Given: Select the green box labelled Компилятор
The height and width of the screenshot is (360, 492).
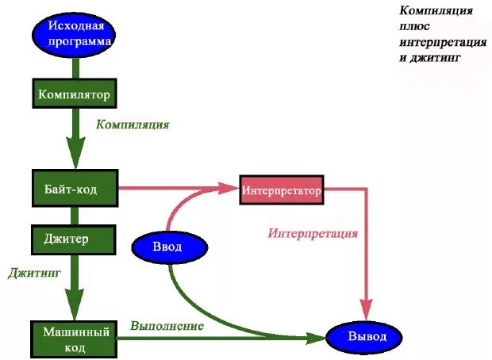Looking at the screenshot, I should pos(74,94).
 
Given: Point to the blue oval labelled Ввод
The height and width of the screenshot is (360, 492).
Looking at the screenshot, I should pos(167,247).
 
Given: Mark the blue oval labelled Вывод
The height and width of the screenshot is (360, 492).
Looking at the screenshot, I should pos(367,337).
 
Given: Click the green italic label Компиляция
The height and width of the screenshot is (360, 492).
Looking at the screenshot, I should pos(133,124).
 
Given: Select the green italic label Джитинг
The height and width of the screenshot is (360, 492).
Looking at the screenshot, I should pos(35,272).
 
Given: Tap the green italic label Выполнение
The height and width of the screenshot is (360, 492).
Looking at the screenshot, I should pos(167,325).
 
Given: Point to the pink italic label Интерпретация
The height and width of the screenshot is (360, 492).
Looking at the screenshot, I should pos(313,234).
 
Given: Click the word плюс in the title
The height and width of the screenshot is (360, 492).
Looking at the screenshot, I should pos(414,26).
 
